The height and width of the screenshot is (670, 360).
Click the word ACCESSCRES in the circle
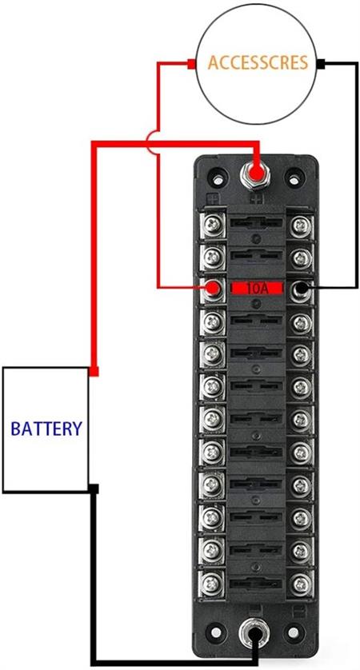click(x=258, y=63)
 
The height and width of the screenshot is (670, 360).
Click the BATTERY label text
click(x=46, y=429)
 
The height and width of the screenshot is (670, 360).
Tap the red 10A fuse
click(x=257, y=288)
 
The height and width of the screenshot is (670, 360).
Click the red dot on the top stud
click(x=257, y=173)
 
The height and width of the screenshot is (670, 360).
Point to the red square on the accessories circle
click(x=191, y=64)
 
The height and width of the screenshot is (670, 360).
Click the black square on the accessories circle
click(x=322, y=64)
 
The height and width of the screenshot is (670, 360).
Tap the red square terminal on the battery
click(x=94, y=371)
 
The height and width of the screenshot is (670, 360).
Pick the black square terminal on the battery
click(x=94, y=489)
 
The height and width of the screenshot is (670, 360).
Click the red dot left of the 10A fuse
click(x=212, y=288)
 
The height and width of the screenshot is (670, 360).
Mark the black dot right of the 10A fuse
click(x=302, y=289)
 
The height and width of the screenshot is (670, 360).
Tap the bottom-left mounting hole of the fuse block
click(x=217, y=632)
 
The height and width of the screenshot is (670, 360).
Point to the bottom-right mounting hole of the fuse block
click(x=294, y=632)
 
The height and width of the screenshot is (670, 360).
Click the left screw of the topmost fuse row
click(x=213, y=224)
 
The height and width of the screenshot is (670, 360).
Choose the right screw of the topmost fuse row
click(x=302, y=224)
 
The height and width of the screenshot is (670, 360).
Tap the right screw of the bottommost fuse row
click(x=302, y=582)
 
